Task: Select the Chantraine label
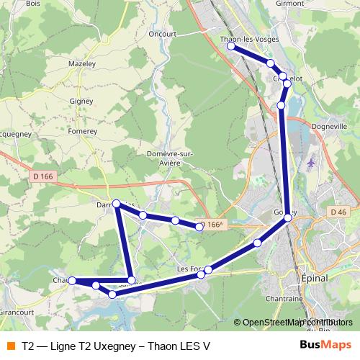[x=283, y=298]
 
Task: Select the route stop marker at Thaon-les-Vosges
[x=231, y=46]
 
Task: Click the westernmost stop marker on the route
[x=72, y=281]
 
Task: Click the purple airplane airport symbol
[x=312, y=164]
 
